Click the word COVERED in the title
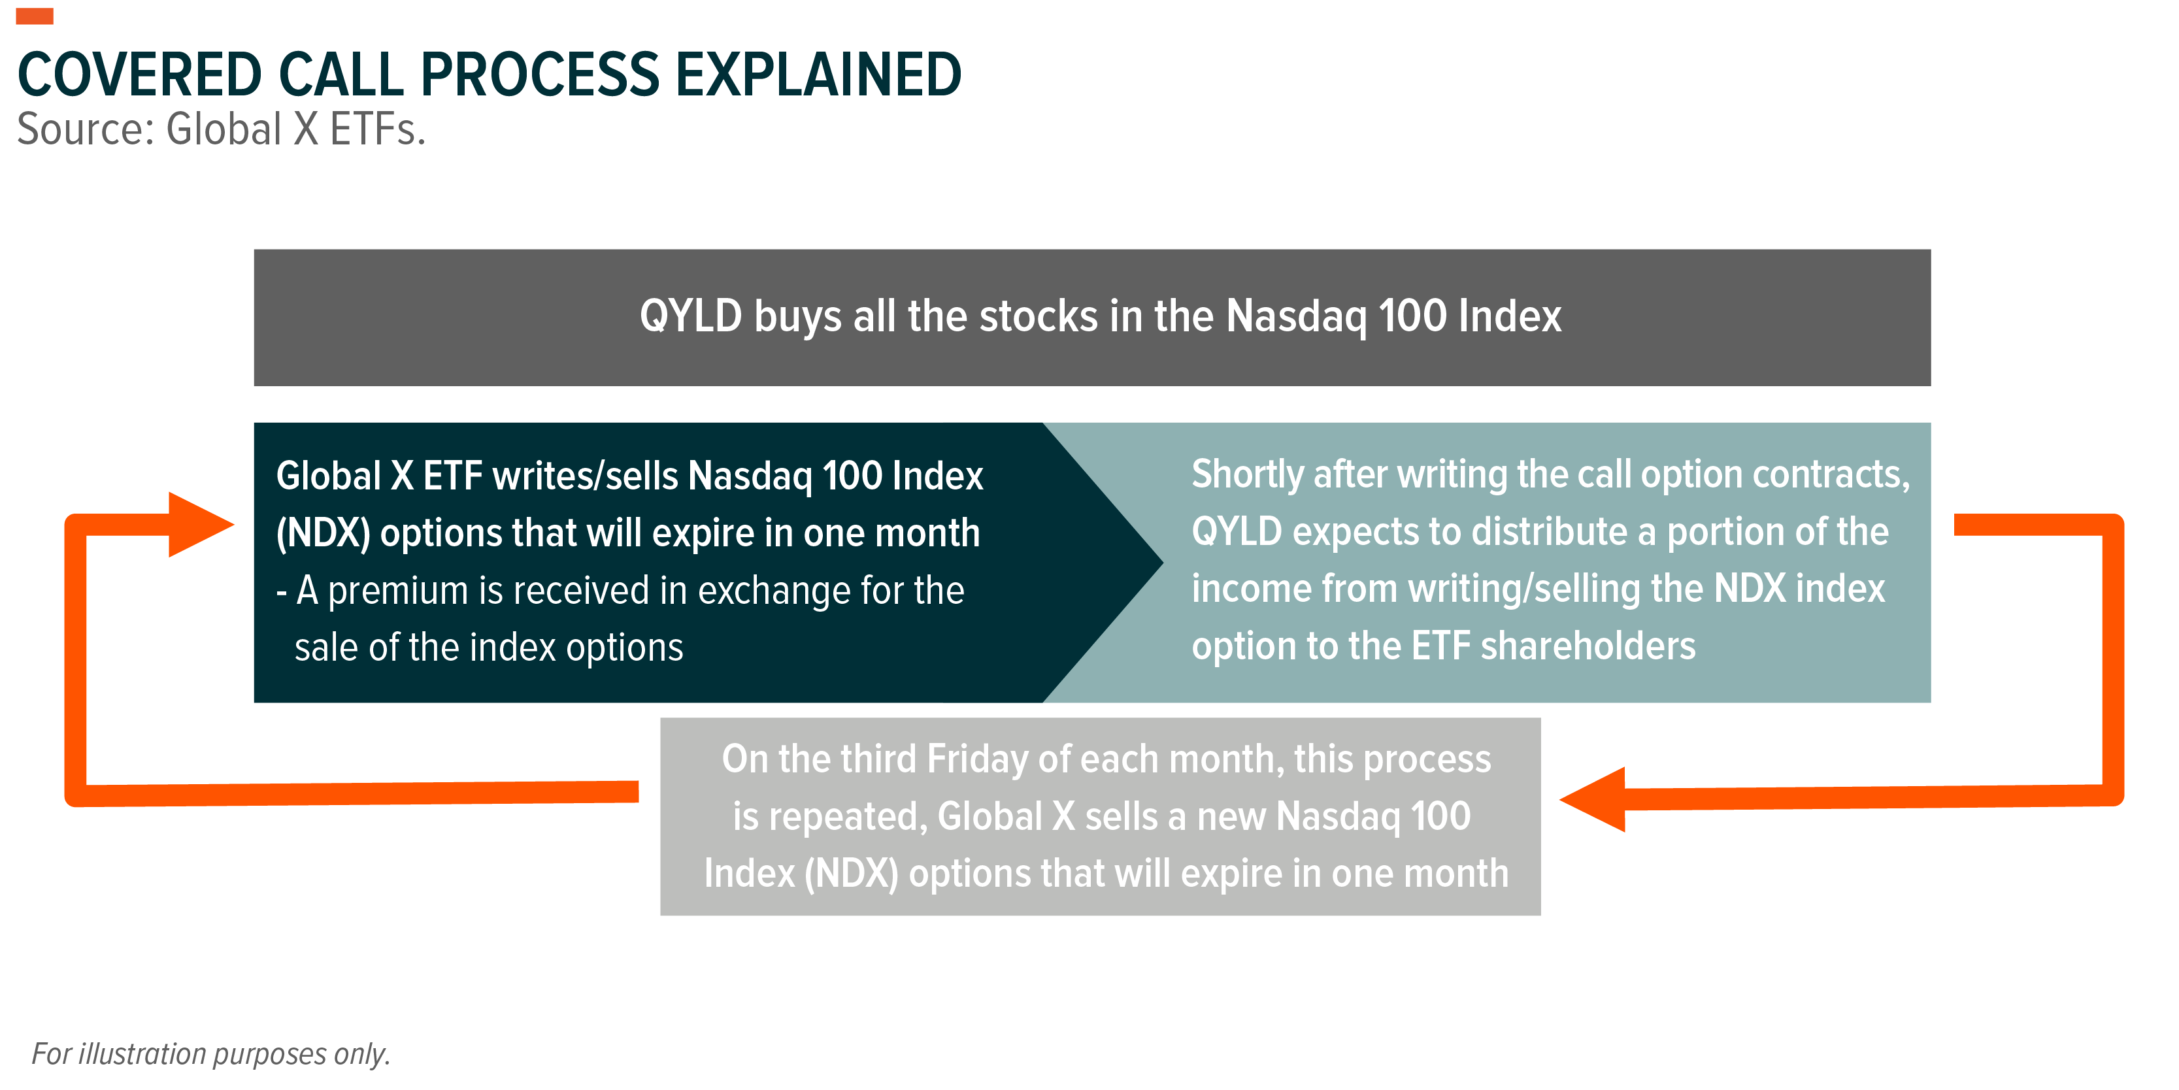pos(140,74)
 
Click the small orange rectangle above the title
pos(35,16)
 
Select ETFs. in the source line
pos(377,129)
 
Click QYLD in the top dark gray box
pos(690,316)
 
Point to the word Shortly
pos(1247,475)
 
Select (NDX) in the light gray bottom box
pos(850,874)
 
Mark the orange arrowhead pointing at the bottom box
pos(1593,799)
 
